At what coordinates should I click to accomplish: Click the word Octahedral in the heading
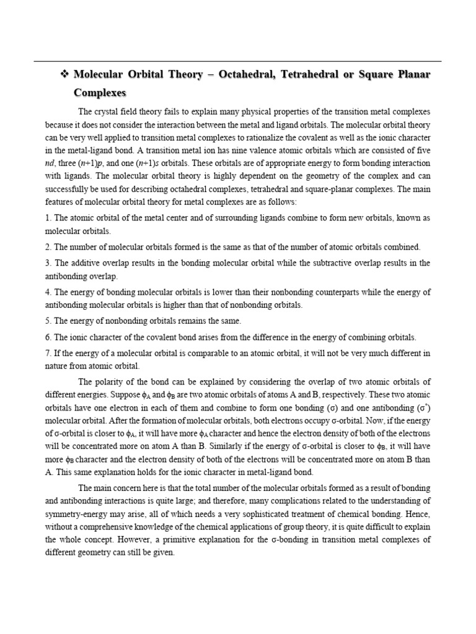coord(244,75)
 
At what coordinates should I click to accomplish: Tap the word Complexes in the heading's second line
coord(100,93)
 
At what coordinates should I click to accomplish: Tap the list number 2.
coord(47,246)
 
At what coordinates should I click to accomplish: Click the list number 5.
coord(47,321)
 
